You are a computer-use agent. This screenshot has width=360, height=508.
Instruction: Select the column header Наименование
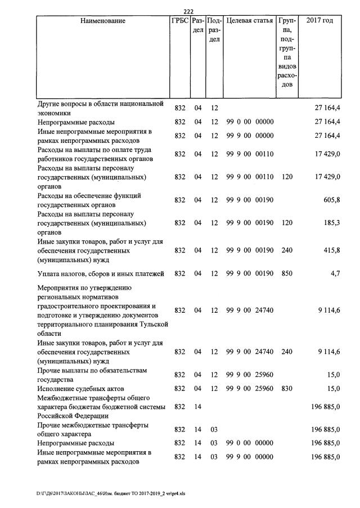[103, 21]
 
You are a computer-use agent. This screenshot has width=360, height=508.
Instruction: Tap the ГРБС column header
[180, 21]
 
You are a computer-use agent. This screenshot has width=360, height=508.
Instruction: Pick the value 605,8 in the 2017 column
[331, 201]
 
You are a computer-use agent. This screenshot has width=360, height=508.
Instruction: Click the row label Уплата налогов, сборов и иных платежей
[101, 274]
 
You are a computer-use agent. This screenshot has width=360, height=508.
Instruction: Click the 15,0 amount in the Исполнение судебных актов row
[332, 389]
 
